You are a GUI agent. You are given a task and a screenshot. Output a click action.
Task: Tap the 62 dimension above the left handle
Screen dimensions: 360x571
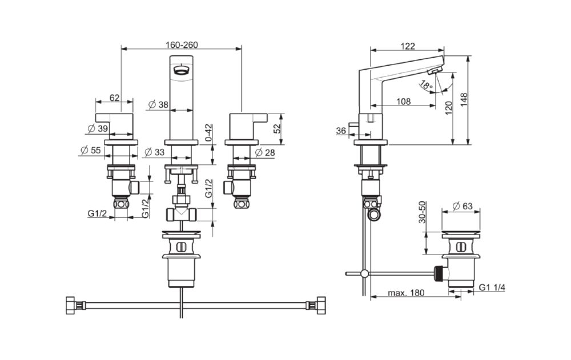[114, 98]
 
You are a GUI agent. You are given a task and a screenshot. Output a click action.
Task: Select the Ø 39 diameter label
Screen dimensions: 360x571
[99, 128]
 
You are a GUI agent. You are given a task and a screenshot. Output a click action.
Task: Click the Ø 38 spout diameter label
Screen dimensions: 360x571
[158, 105]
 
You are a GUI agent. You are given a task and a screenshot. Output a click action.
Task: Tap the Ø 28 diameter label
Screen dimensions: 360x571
[265, 152]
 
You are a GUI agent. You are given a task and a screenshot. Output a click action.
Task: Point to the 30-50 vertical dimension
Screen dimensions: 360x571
[423, 213]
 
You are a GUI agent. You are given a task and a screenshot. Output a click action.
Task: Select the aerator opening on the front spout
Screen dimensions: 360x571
[181, 71]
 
